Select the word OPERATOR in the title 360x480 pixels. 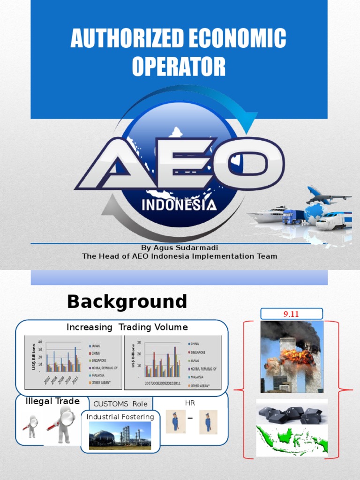pos(179,67)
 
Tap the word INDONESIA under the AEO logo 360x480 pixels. pos(179,205)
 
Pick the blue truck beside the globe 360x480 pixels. pos(292,217)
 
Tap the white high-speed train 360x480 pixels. pos(334,220)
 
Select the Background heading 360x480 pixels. pos(127,301)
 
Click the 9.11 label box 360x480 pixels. pos(291,314)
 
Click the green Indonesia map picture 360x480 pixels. pos(292,440)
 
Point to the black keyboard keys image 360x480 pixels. pos(292,413)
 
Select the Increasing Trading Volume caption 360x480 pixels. pos(127,327)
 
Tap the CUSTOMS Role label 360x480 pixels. pos(120,404)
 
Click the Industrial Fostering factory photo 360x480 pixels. pos(120,436)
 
